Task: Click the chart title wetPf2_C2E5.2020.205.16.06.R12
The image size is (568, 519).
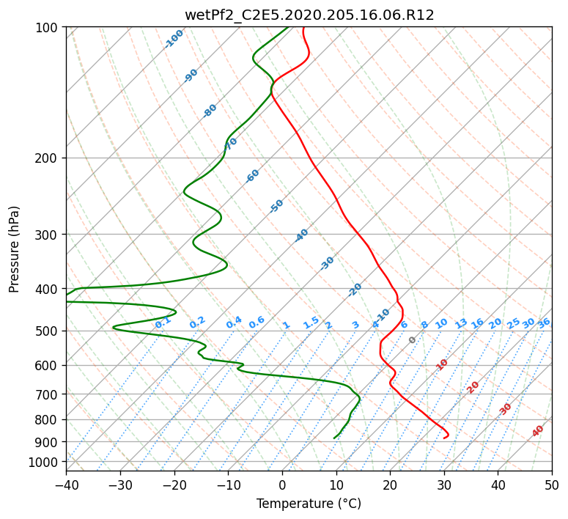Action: tap(309, 15)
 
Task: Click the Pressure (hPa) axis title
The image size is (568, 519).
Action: tap(14, 249)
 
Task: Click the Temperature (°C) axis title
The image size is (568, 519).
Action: tap(309, 504)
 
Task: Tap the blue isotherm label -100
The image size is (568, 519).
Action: tap(174, 39)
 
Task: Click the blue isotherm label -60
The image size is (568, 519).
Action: tap(252, 176)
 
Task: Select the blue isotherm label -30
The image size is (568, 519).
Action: tap(327, 263)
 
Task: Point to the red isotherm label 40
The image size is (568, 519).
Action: tap(537, 431)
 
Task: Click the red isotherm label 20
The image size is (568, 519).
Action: tap(473, 388)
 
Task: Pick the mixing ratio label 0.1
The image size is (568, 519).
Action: tap(163, 322)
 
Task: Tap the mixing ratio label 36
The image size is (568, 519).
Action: tap(544, 323)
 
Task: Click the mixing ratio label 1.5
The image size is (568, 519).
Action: tap(311, 323)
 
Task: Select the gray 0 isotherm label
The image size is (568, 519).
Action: tap(412, 340)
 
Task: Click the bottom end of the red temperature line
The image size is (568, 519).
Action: tap(443, 438)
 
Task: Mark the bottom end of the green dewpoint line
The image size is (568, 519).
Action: tap(333, 438)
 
